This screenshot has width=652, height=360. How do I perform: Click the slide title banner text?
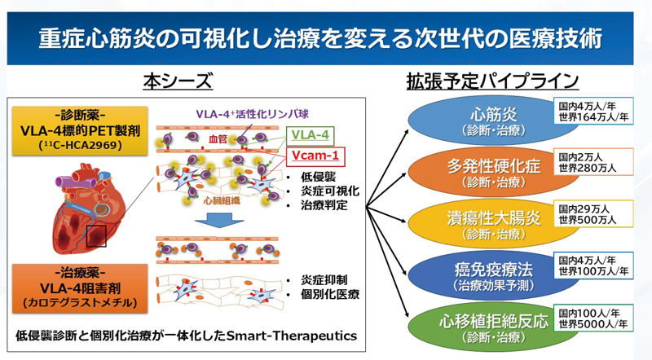click(x=326, y=38)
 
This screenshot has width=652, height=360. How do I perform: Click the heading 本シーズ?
click(x=178, y=81)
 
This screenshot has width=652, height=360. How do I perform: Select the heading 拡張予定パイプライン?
click(x=493, y=81)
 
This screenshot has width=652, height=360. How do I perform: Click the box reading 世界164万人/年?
click(x=593, y=117)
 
